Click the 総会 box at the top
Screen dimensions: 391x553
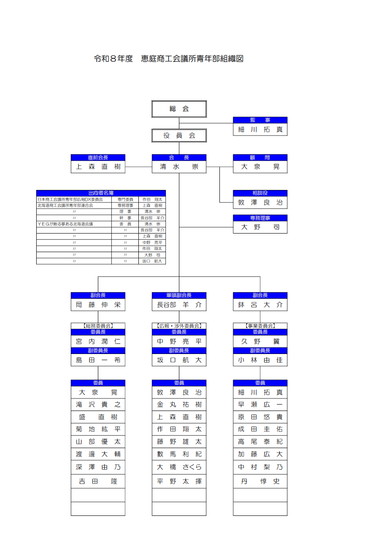click(179, 109)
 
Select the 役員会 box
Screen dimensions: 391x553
click(179, 136)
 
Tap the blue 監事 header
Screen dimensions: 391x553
click(260, 120)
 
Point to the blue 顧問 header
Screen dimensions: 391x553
click(260, 158)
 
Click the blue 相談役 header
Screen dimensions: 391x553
click(260, 193)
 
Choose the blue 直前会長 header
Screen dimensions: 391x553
click(98, 158)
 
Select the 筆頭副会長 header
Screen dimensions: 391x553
click(179, 295)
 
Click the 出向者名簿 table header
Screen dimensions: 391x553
click(101, 193)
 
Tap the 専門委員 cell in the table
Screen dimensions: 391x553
click(125, 199)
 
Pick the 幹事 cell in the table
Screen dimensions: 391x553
click(125, 218)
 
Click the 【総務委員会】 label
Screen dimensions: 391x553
click(98, 326)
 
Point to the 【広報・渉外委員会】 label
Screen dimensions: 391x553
click(179, 326)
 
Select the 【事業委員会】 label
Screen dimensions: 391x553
click(260, 326)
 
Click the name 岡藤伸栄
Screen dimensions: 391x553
click(98, 305)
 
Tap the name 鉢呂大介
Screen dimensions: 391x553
click(260, 305)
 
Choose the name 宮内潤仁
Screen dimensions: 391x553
click(98, 341)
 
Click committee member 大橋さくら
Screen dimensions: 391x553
click(179, 467)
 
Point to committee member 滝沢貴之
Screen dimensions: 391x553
click(98, 404)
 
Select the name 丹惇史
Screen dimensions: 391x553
click(260, 481)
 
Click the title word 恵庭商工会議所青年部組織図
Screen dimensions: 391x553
click(192, 59)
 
